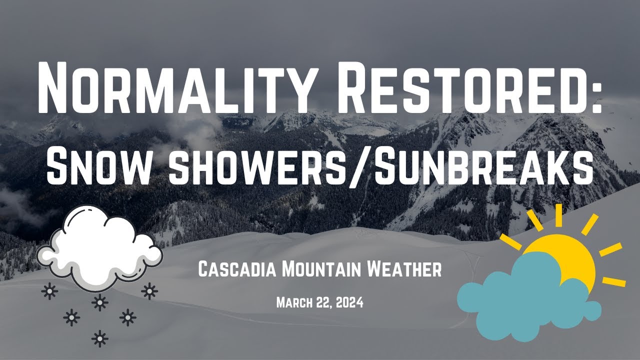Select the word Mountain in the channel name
(321, 270)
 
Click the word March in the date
(294, 302)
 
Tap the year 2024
(349, 302)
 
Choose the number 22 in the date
(323, 302)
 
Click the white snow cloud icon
(100, 247)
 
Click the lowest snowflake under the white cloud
(100, 338)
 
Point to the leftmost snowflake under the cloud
(49, 291)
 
